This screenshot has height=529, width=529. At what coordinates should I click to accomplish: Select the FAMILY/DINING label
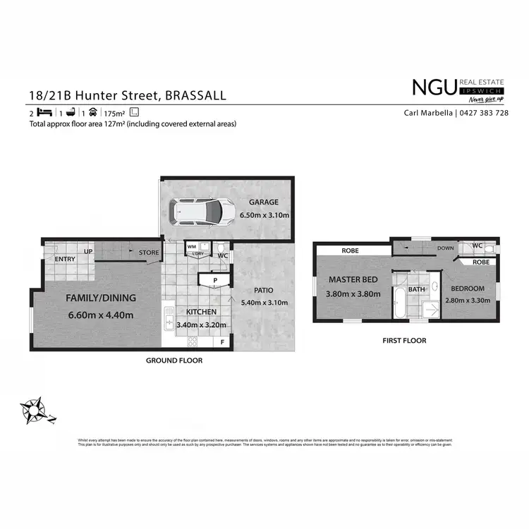[99, 298]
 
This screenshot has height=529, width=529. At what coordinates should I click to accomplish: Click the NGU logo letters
[434, 87]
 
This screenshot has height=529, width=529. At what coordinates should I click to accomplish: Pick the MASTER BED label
[353, 279]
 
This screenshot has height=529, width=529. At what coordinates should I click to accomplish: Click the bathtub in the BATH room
[399, 304]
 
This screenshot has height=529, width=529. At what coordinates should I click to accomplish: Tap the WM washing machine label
[190, 246]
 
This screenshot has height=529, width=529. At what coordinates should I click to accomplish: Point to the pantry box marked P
[215, 281]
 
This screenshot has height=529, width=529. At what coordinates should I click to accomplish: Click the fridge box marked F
[223, 342]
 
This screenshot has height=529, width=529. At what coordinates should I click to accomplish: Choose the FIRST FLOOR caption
[405, 341]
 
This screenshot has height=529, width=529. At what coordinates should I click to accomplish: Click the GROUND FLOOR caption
[174, 360]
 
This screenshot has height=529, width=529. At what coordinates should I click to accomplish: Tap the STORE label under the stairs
[149, 252]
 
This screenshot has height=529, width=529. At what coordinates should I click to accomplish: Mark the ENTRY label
[65, 260]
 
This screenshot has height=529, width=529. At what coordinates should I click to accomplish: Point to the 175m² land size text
[114, 113]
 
